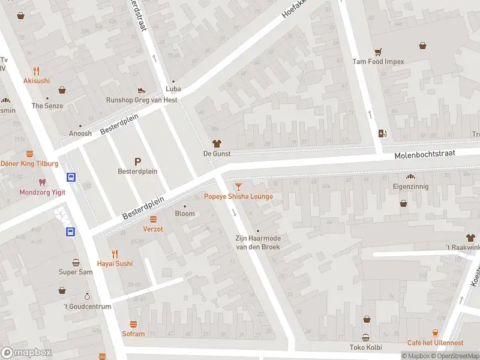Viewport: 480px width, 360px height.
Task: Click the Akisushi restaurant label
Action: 37,81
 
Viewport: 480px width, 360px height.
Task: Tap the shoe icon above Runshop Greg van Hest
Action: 142,90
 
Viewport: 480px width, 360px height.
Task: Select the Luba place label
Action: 173,89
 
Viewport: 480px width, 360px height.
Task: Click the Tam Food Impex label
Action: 378,61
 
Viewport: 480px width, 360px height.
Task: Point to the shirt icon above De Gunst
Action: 217,143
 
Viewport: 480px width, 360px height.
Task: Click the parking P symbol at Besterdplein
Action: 137,161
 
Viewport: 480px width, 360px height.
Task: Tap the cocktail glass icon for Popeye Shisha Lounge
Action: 239,187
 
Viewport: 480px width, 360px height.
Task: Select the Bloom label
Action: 184,214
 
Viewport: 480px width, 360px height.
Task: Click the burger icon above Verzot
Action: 153,219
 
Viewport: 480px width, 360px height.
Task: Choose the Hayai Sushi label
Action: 115,263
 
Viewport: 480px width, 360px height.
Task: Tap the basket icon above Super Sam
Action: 76,262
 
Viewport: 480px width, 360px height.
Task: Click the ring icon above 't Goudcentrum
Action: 87,296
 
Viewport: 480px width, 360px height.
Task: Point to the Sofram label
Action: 133,334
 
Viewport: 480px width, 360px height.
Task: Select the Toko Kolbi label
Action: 365,347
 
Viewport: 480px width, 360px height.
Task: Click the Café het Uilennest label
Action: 435,343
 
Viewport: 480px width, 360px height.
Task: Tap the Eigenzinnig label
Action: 410,187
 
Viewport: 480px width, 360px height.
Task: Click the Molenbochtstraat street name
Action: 425,154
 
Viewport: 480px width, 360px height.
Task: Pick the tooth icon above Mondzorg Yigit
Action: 41,182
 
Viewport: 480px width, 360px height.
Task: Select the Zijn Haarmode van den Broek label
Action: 257,242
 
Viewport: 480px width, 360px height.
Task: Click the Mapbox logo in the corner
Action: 26,352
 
